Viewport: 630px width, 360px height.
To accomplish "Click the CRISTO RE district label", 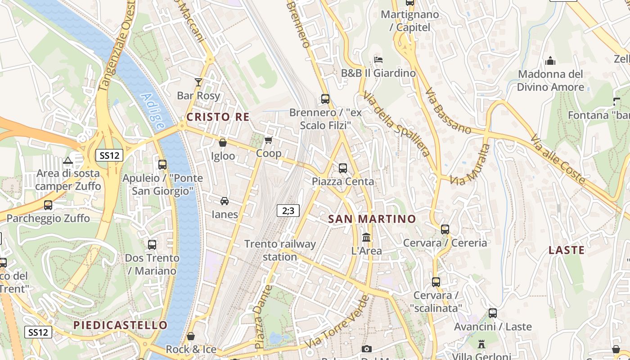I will [x=218, y=117].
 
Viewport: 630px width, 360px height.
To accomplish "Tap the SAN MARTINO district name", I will [x=372, y=219].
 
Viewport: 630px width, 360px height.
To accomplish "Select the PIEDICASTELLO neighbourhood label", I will [x=120, y=325].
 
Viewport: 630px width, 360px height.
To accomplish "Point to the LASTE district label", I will [x=567, y=250].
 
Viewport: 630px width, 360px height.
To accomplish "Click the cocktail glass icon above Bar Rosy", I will [x=198, y=82].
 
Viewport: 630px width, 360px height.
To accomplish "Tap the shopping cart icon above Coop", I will [x=269, y=140].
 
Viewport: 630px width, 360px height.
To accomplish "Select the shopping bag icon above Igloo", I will [x=222, y=143].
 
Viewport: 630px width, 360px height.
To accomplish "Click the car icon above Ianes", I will [x=224, y=201].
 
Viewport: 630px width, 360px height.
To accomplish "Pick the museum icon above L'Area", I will [x=366, y=237].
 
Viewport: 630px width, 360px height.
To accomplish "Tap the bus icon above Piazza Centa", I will [x=343, y=168].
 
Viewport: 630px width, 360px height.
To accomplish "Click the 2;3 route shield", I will [x=288, y=210].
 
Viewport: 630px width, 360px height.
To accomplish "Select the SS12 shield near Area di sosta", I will [x=109, y=156].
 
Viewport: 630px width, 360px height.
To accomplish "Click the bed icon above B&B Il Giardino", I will [x=378, y=59].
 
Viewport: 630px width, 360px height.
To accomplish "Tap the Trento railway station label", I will [x=280, y=250].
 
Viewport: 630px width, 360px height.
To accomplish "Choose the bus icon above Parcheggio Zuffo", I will [x=48, y=205].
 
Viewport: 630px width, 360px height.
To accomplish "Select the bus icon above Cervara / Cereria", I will [x=445, y=229].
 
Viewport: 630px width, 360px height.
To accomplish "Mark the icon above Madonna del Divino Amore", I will [x=550, y=61].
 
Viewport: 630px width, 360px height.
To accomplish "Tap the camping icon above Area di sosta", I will [x=67, y=160].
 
